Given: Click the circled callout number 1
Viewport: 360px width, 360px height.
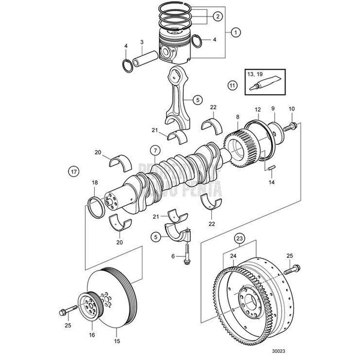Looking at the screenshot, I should click(x=235, y=31).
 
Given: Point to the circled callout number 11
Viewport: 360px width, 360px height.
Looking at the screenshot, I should click(x=232, y=86).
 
